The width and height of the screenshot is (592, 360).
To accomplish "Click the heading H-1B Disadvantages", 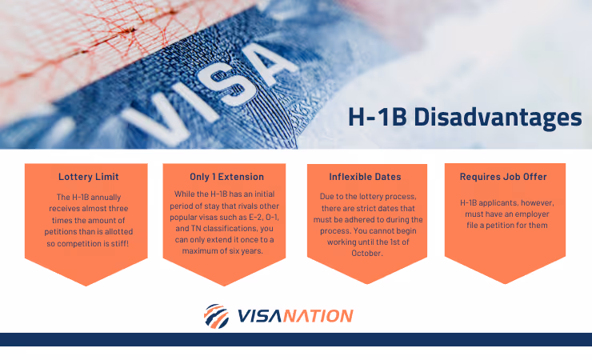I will click(x=464, y=118).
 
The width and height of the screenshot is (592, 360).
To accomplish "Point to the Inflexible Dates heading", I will click(x=365, y=177).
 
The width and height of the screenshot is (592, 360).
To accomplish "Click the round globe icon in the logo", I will click(x=215, y=316).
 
